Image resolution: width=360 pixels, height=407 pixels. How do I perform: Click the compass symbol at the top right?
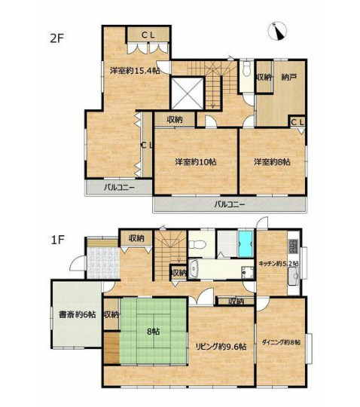point(277,31)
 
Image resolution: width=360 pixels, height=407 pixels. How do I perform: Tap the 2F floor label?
point(56,38)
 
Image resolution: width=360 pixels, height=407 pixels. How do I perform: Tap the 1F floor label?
point(57,240)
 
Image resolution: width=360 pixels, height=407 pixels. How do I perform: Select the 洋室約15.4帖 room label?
point(135,70)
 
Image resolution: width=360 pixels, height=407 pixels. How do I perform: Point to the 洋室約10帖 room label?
point(196,162)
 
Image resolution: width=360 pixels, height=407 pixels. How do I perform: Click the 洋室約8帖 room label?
point(272,162)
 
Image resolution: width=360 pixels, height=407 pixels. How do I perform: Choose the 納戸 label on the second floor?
point(289,77)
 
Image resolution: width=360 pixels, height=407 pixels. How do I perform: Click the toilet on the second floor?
point(247,69)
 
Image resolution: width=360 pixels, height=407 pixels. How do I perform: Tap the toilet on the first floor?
point(197,244)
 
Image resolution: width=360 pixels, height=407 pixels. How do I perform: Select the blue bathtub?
point(246,243)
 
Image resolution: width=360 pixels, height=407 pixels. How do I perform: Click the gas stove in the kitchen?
point(293,246)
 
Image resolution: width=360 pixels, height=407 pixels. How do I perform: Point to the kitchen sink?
point(294,276)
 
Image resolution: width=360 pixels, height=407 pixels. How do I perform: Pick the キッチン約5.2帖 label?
point(279,264)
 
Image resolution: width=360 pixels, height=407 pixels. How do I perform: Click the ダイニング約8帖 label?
point(282,342)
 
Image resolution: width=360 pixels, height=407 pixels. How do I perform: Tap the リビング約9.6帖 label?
point(221,347)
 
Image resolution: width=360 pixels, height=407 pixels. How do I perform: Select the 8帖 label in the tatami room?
point(154,332)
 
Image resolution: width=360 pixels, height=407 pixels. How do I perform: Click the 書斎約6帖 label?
point(78,315)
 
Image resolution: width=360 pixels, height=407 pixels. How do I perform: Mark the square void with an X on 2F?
point(187,93)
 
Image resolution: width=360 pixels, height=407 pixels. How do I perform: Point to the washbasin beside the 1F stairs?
point(194,268)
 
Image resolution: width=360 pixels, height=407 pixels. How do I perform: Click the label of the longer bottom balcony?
point(230,205)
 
